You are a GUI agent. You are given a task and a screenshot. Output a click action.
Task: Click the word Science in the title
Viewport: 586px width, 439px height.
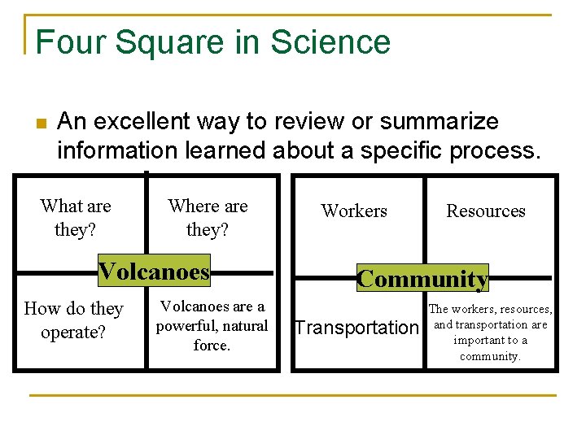click(x=343, y=42)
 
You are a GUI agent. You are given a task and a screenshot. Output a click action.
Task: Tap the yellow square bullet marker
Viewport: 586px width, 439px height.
click(x=40, y=124)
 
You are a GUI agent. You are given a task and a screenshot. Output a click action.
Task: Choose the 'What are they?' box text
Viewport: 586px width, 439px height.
click(x=75, y=218)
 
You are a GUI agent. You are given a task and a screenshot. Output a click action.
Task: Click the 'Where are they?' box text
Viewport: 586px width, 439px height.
click(x=208, y=218)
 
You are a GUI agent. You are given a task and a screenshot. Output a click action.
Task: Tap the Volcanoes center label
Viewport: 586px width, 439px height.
click(x=154, y=271)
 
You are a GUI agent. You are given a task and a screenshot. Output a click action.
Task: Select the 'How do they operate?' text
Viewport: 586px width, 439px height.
click(x=73, y=320)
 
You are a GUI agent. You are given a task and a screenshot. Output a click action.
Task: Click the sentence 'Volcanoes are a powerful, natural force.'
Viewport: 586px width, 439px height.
click(x=212, y=326)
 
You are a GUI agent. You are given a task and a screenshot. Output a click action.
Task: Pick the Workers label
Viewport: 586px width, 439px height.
click(x=354, y=211)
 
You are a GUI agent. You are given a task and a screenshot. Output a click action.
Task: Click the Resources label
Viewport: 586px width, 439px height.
click(x=486, y=211)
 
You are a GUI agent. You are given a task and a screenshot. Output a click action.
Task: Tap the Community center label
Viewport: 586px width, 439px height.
click(x=422, y=279)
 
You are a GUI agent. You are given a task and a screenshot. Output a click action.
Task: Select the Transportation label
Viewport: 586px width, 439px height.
click(x=356, y=328)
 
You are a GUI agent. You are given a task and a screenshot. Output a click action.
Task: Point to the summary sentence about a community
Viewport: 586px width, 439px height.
click(x=490, y=333)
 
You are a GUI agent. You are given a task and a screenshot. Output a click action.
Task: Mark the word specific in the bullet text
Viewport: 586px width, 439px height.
click(x=405, y=151)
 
